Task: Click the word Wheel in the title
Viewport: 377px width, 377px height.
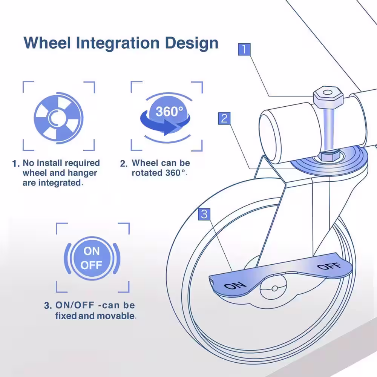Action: pyautogui.click(x=48, y=43)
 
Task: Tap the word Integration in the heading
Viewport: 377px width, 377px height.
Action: pyautogui.click(x=118, y=43)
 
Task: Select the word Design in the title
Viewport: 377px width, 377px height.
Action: pyautogui.click(x=192, y=43)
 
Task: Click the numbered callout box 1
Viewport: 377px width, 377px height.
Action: pyautogui.click(x=244, y=49)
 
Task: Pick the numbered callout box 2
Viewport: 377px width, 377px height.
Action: pyautogui.click(x=224, y=118)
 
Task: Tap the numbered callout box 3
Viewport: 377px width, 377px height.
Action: pyautogui.click(x=204, y=214)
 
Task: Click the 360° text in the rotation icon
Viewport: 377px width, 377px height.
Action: pyautogui.click(x=169, y=111)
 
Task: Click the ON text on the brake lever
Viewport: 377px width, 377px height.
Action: pyautogui.click(x=235, y=286)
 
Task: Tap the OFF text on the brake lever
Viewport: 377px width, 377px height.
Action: pyautogui.click(x=329, y=267)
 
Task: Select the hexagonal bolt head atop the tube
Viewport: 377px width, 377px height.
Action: pyautogui.click(x=328, y=97)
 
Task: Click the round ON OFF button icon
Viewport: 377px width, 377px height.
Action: pyautogui.click(x=92, y=258)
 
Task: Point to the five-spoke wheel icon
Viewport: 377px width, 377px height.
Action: pyautogui.click(x=58, y=118)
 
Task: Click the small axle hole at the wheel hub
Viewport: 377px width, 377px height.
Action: pyautogui.click(x=274, y=288)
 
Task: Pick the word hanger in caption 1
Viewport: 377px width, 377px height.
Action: pyautogui.click(x=83, y=173)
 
